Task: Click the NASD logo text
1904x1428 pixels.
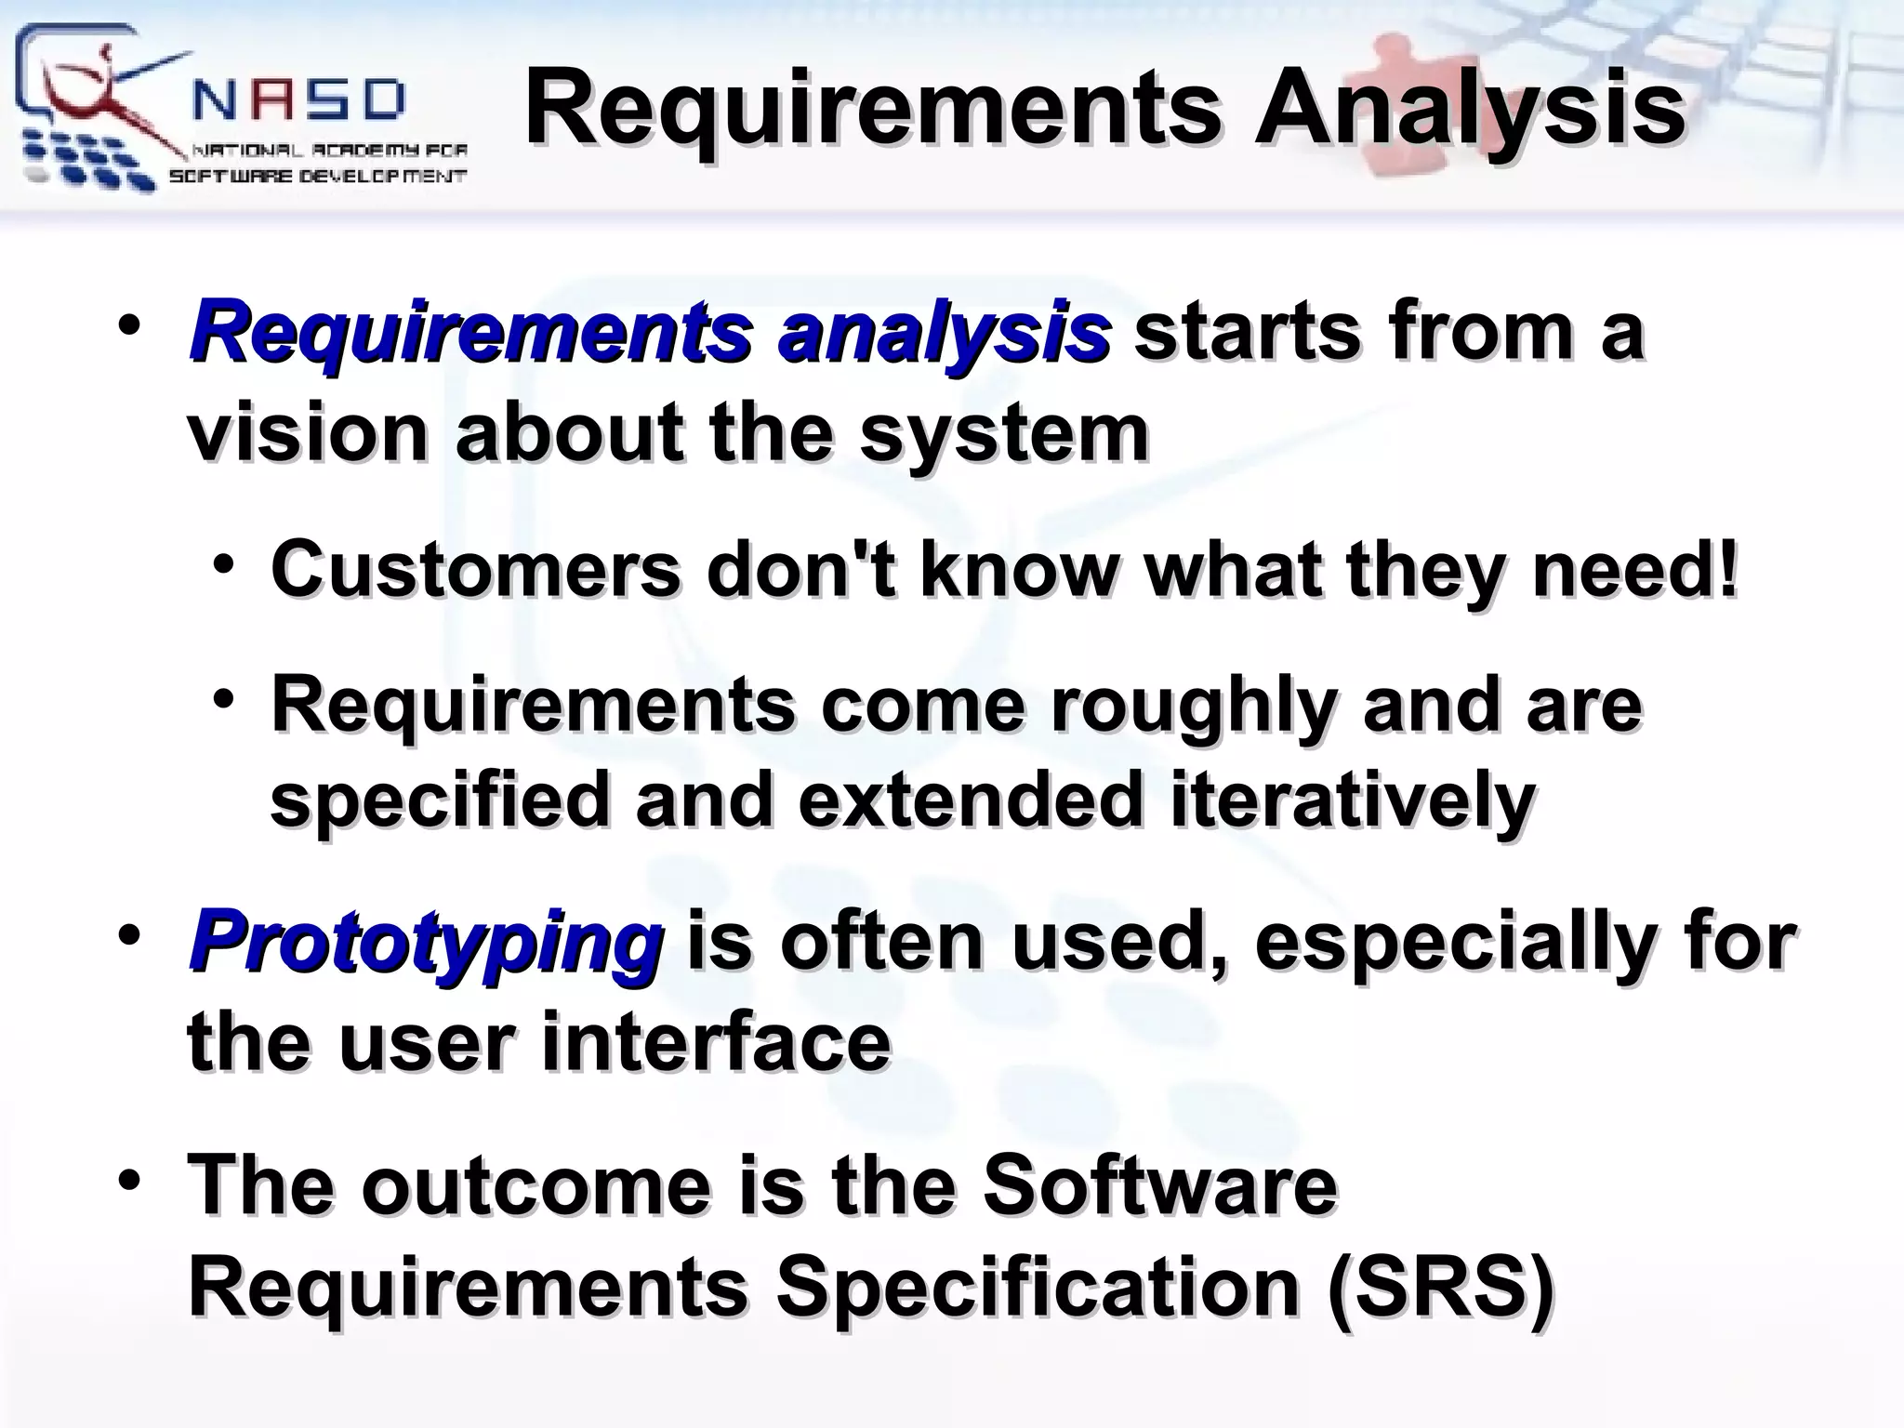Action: pos(299,99)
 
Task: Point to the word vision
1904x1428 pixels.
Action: pos(307,433)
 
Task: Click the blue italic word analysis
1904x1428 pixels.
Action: pos(944,332)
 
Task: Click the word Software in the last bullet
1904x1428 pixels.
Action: pos(1159,1184)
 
